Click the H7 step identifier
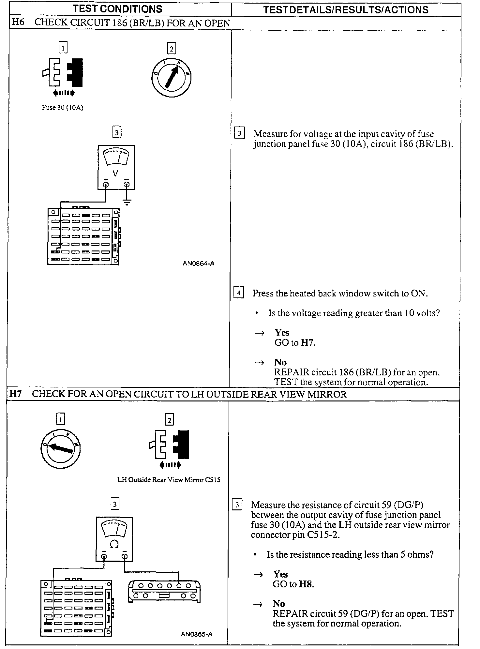15,394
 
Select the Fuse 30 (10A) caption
63,108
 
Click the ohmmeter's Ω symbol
114,545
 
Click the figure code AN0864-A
198,264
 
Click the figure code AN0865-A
197,634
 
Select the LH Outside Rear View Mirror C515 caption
169,480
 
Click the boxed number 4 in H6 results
239,293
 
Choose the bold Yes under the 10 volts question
282,332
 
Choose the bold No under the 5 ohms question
279,604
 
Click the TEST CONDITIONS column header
117,9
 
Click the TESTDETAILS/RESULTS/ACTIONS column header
346,10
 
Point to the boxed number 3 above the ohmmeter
115,504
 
